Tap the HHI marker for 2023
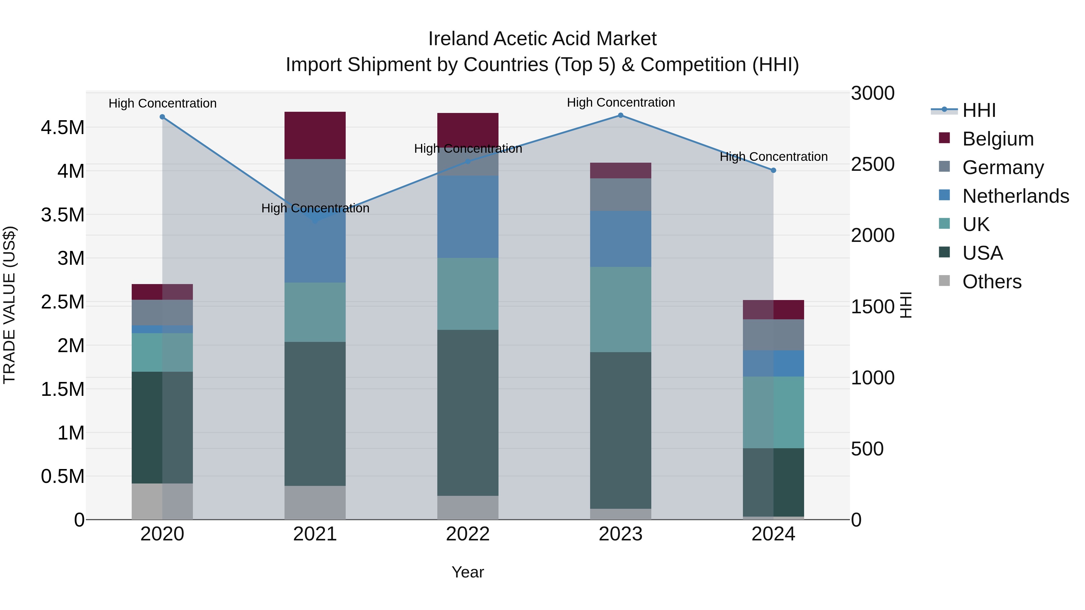(621, 115)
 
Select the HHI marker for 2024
(773, 170)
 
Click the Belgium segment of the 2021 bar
(315, 135)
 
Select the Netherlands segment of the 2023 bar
(621, 239)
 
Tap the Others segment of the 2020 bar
(162, 501)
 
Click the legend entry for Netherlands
(1015, 196)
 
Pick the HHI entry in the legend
(979, 110)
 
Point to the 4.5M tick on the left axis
(62, 127)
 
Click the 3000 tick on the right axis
(872, 93)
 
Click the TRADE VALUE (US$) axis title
(9, 305)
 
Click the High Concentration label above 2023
(621, 103)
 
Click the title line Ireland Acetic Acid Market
(542, 39)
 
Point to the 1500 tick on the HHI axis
(872, 307)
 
